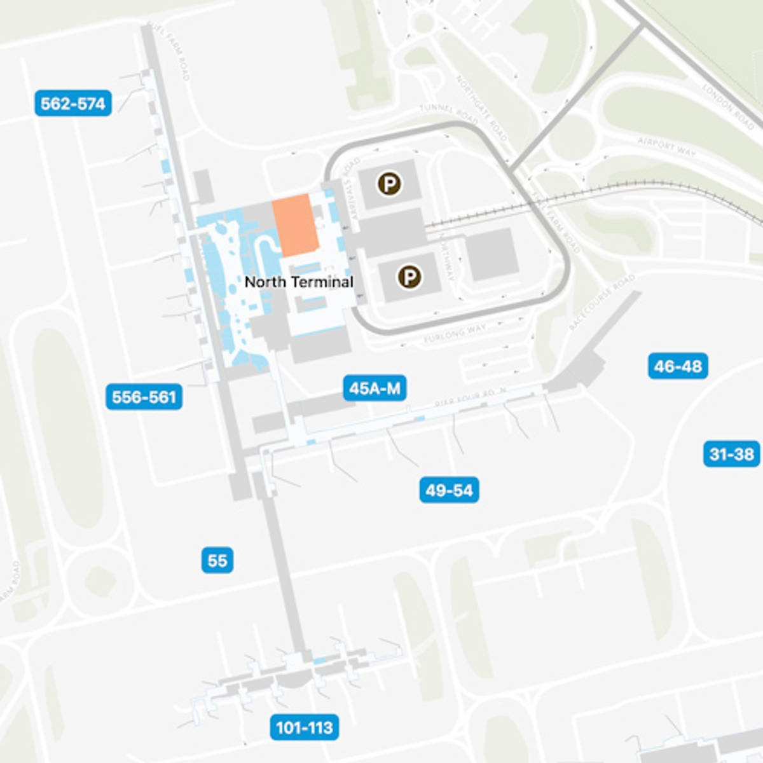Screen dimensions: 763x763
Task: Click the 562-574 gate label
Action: (73, 103)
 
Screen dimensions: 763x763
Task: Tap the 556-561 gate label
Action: (144, 397)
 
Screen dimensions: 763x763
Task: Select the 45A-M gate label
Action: (375, 388)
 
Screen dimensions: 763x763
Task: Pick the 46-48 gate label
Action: (678, 366)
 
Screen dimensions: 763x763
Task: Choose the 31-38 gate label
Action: (731, 454)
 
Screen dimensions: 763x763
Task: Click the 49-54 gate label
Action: (449, 490)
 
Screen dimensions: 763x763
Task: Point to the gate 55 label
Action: (217, 560)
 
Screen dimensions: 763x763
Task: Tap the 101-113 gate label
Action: (305, 727)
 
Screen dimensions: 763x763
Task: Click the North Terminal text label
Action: (299, 282)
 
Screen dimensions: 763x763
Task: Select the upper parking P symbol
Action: (389, 184)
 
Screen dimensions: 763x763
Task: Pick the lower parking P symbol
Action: (409, 277)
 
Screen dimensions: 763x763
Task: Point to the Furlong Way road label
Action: (454, 333)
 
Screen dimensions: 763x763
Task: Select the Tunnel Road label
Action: (448, 113)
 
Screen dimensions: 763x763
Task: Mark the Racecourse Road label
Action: (602, 302)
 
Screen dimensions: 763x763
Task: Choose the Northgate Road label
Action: (481, 107)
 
